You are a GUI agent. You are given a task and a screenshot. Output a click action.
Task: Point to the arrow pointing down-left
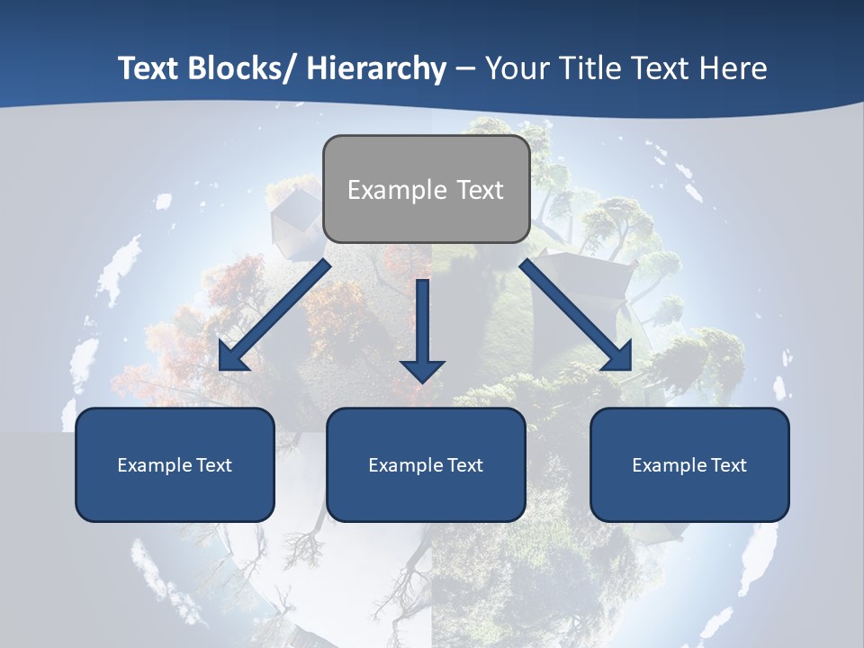(x=274, y=316)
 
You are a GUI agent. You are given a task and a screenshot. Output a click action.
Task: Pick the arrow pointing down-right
(x=576, y=315)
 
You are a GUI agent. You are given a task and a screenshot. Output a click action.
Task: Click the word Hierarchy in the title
(x=375, y=68)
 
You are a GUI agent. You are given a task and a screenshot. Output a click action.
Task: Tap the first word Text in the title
(x=149, y=68)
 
